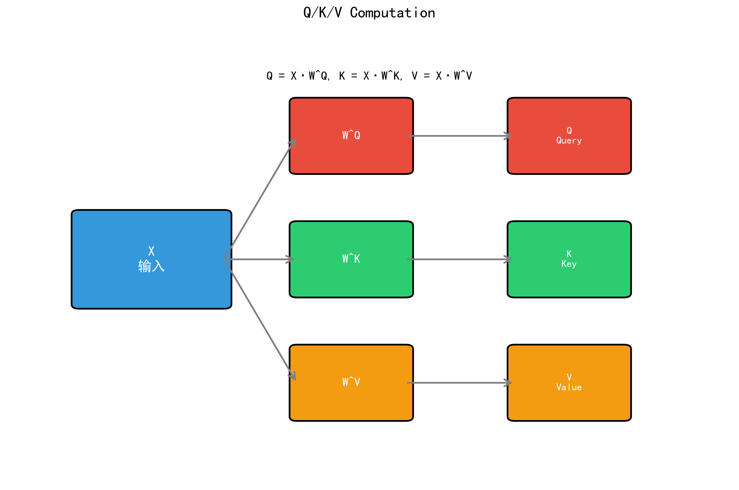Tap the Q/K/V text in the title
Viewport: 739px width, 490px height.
pos(323,13)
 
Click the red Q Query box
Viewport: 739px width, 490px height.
pos(569,156)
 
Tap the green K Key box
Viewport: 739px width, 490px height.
pos(569,281)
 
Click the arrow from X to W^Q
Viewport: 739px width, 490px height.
pos(260,200)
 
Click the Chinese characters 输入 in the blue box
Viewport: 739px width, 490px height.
pos(152,266)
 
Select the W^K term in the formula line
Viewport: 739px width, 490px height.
pos(391,76)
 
